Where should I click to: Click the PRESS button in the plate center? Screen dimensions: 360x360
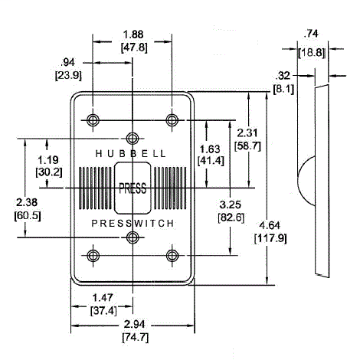(x=133, y=187)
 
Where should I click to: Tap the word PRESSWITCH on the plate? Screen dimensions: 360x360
(x=133, y=223)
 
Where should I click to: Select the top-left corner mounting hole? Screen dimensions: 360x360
(x=93, y=119)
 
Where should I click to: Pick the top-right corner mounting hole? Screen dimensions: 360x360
(x=172, y=119)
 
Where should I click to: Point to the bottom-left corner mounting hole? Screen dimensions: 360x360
(x=93, y=255)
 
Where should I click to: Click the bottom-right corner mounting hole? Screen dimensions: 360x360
(x=172, y=255)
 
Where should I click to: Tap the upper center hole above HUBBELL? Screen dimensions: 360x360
(x=133, y=139)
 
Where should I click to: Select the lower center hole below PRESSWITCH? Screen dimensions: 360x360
(x=133, y=237)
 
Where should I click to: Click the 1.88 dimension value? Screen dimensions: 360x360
(x=132, y=33)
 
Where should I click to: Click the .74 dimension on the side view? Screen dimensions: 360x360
(x=311, y=33)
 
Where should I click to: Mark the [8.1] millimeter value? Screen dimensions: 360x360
(x=282, y=89)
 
